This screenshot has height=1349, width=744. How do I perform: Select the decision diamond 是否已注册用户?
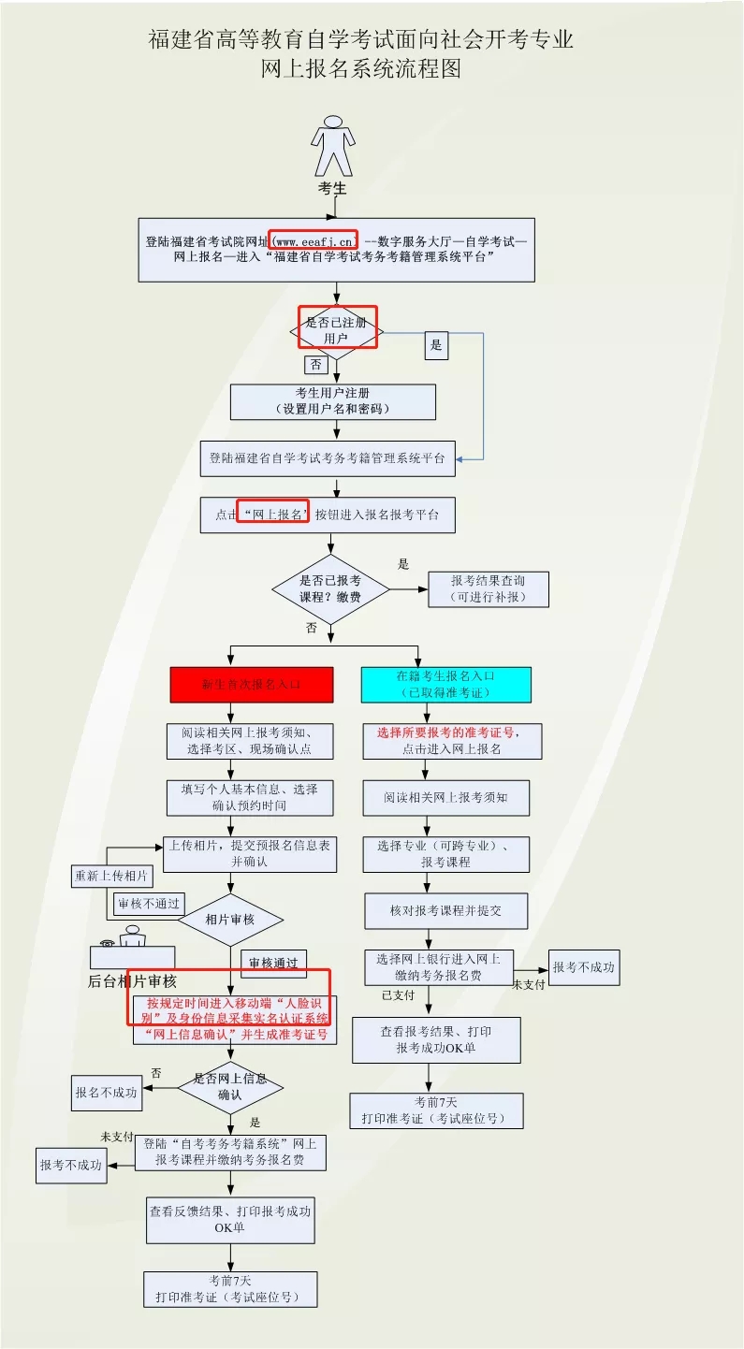tap(337, 328)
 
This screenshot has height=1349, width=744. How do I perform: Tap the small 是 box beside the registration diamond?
tap(435, 345)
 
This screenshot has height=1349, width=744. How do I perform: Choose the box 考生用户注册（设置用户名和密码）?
tap(333, 401)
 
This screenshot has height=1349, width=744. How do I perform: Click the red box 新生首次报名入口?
tap(252, 684)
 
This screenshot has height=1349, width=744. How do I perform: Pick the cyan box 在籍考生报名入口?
tap(446, 684)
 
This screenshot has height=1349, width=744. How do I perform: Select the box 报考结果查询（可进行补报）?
tap(489, 588)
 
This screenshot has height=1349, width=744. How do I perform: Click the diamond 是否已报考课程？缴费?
tap(330, 588)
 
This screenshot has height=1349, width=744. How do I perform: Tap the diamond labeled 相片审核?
tap(230, 919)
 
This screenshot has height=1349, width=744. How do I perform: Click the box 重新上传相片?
tap(111, 877)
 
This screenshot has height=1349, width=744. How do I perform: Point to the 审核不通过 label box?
tap(148, 905)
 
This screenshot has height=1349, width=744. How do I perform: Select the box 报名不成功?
tap(108, 1092)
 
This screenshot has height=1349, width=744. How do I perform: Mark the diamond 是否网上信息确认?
tap(230, 1086)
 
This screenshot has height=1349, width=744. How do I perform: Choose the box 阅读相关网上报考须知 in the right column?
tap(446, 798)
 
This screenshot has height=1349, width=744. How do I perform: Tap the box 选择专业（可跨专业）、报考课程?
tap(446, 853)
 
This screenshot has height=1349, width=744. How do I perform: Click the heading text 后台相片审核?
tap(132, 981)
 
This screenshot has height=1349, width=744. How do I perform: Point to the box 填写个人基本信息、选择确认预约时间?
tap(249, 797)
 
